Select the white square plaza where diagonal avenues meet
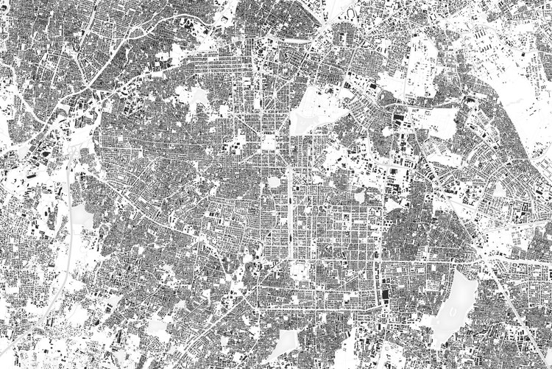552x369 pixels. point(269,141)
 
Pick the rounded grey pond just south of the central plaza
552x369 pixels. point(274,182)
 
